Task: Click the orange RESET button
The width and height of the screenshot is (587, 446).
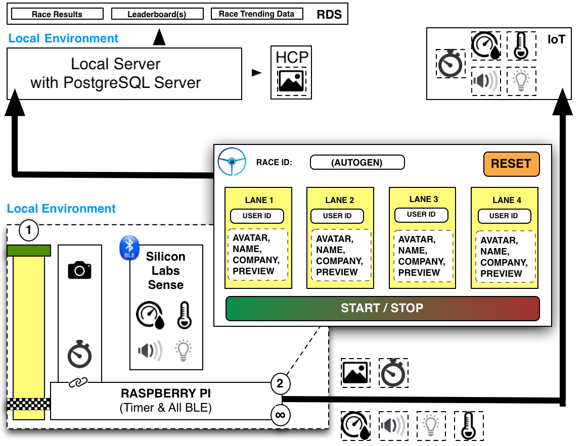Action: pyautogui.click(x=511, y=164)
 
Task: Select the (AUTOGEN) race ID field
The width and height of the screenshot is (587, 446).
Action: pyautogui.click(x=357, y=163)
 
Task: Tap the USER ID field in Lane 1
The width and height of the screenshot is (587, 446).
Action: pyautogui.click(x=257, y=216)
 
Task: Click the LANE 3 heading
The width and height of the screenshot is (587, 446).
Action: pyautogui.click(x=423, y=199)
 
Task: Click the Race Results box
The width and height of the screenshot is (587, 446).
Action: pyautogui.click(x=57, y=14)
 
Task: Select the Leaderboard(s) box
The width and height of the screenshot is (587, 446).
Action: pyautogui.click(x=157, y=14)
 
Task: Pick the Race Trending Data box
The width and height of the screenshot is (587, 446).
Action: pyautogui.click(x=256, y=14)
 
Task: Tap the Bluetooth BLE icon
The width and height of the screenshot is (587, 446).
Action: pyautogui.click(x=129, y=248)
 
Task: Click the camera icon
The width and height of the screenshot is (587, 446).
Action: pyautogui.click(x=79, y=270)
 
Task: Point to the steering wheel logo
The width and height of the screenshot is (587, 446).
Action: pyautogui.click(x=232, y=162)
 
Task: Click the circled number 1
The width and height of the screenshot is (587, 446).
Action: pyautogui.click(x=29, y=231)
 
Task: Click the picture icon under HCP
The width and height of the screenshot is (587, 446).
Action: pyautogui.click(x=291, y=81)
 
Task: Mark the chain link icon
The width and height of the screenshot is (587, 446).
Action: pyautogui.click(x=78, y=382)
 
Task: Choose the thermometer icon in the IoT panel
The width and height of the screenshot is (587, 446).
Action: pyautogui.click(x=521, y=46)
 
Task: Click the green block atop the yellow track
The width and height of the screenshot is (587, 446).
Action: pyautogui.click(x=29, y=251)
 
